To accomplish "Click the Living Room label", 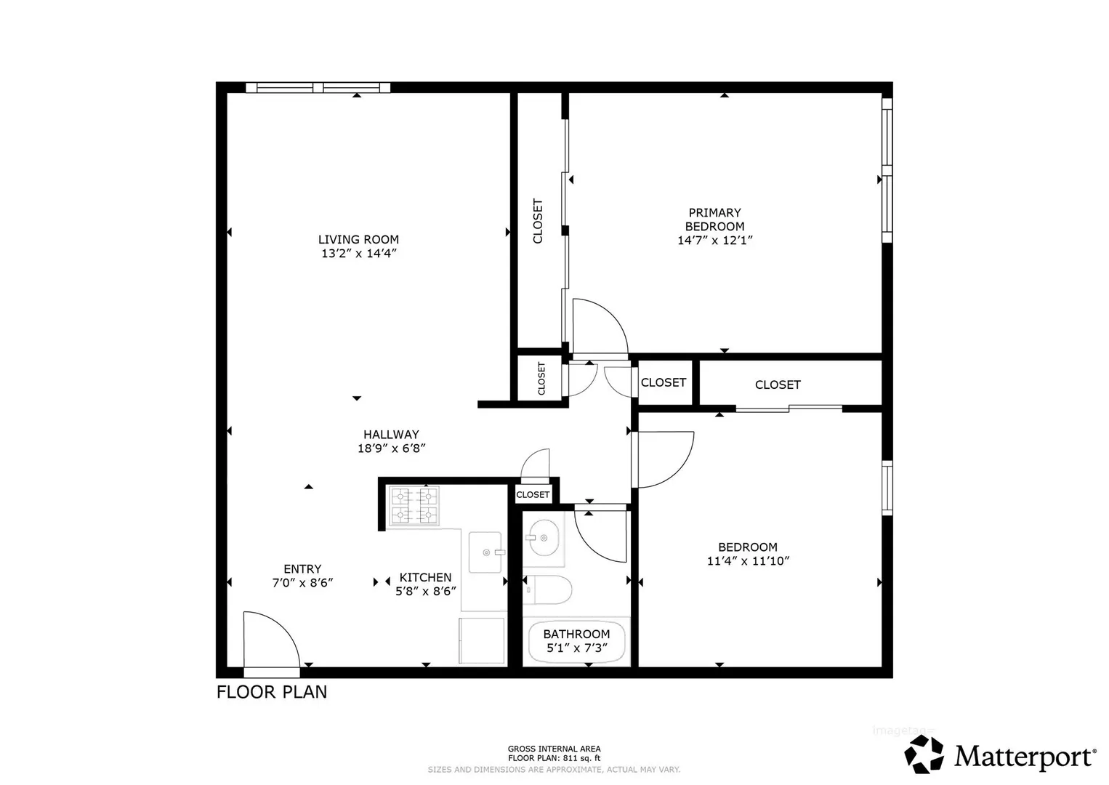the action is [x=358, y=240].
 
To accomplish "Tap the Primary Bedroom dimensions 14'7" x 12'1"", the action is [x=715, y=241].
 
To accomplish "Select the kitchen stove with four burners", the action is [x=414, y=505].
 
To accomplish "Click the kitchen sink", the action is [x=486, y=552].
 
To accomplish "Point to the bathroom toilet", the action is [x=547, y=590].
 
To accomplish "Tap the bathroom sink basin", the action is [x=544, y=538].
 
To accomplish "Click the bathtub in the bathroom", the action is [x=577, y=641].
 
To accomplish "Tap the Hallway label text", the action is [x=391, y=435].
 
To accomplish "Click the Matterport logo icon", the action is [x=924, y=754].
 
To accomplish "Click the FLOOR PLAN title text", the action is [x=272, y=692].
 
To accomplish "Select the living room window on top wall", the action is [x=318, y=88].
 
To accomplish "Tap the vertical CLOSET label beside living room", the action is [x=538, y=222].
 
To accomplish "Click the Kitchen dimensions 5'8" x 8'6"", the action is [x=425, y=592].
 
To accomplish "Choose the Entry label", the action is [x=302, y=569].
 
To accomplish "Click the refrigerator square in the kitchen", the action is [x=481, y=640].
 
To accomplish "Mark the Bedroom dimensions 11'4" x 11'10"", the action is [x=748, y=561].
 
